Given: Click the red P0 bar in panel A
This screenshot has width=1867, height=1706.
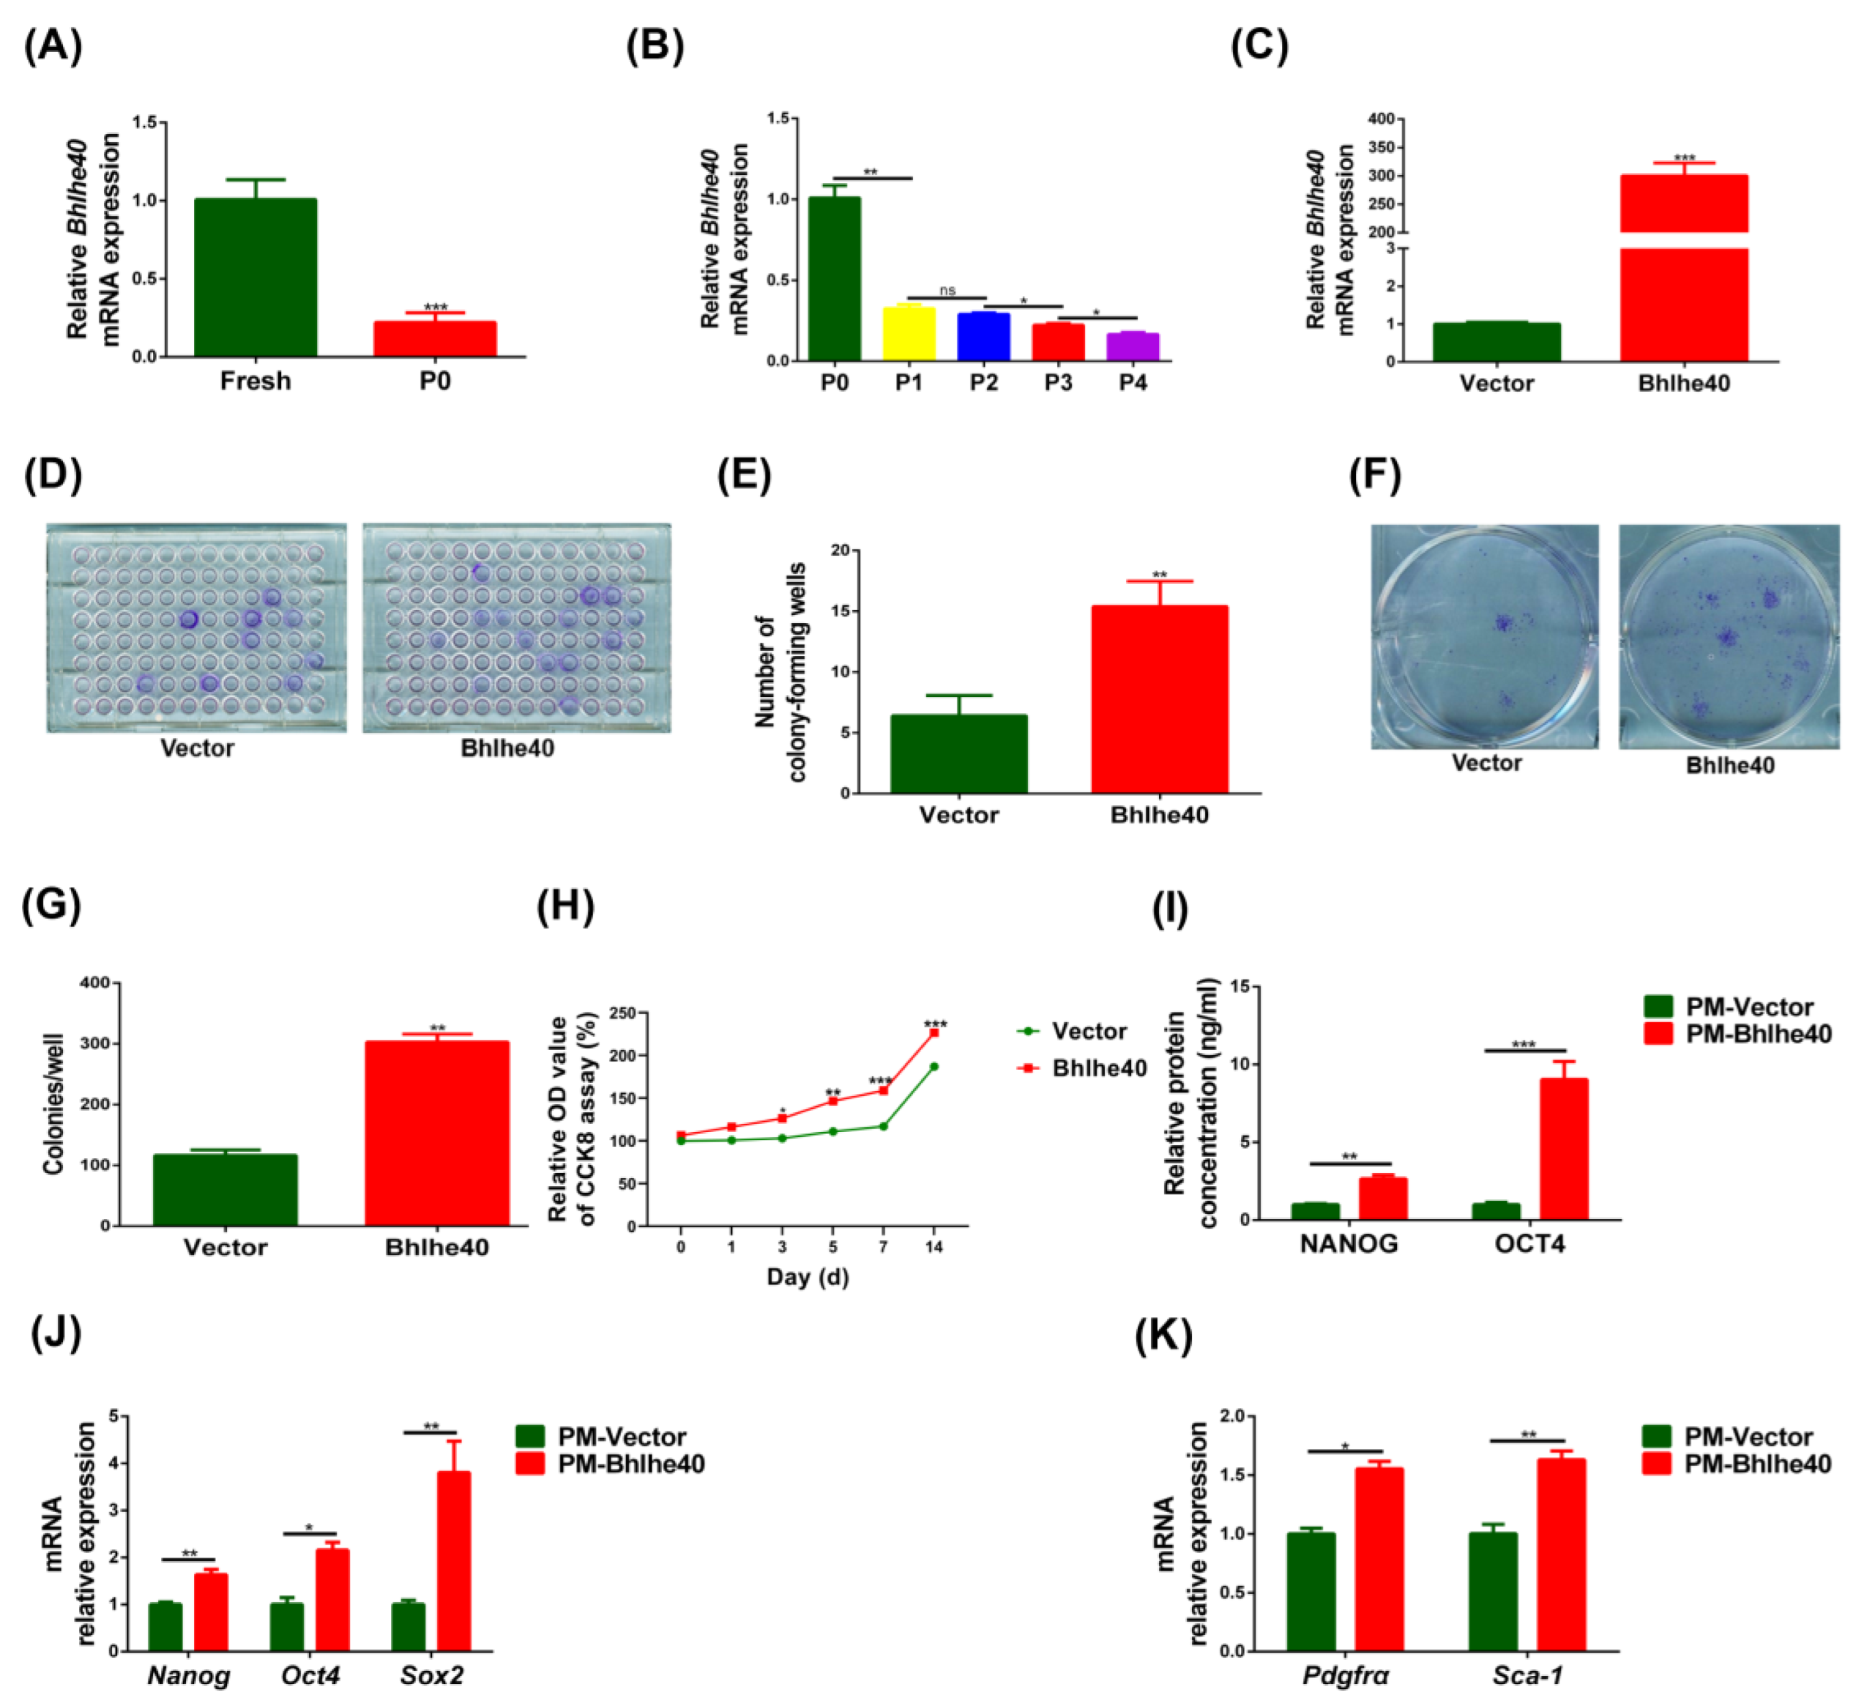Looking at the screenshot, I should point(435,339).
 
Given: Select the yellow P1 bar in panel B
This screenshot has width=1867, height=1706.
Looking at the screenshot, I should point(908,334).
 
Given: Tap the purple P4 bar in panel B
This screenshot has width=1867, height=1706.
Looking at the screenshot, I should point(1132,347).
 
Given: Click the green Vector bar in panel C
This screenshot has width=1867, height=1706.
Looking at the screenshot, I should point(1497,342).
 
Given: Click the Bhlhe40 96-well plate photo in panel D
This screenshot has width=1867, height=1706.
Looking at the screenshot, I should point(516,629).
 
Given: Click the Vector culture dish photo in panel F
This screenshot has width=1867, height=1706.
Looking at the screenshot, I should point(1484,636).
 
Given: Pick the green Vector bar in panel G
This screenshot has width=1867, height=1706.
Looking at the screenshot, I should point(225,1189).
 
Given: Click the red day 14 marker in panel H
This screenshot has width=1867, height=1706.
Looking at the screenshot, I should point(933,1032).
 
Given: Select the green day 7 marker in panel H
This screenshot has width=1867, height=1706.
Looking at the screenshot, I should point(884,1127).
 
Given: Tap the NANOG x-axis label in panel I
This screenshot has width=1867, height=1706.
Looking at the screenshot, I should point(1348,1244).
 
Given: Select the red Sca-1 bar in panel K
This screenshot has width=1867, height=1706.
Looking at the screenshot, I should point(1560,1554).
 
